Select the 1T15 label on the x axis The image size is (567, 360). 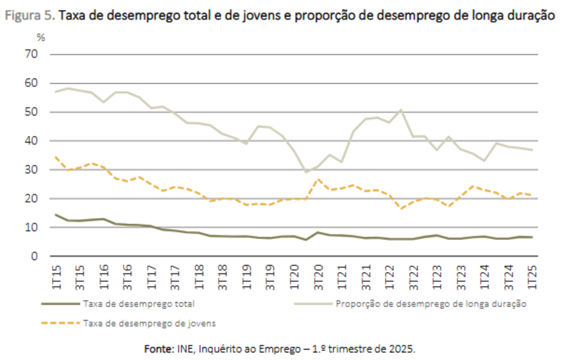tap(56, 273)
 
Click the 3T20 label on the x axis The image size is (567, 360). tap(318, 273)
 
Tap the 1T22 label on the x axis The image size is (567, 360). tap(390, 273)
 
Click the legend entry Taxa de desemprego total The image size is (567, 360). tap(139, 304)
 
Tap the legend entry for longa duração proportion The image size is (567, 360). tap(430, 304)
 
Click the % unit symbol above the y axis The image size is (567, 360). tap(40, 38)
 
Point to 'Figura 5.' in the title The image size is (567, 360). tap(30, 16)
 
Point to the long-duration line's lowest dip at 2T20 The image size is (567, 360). tap(306, 172)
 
